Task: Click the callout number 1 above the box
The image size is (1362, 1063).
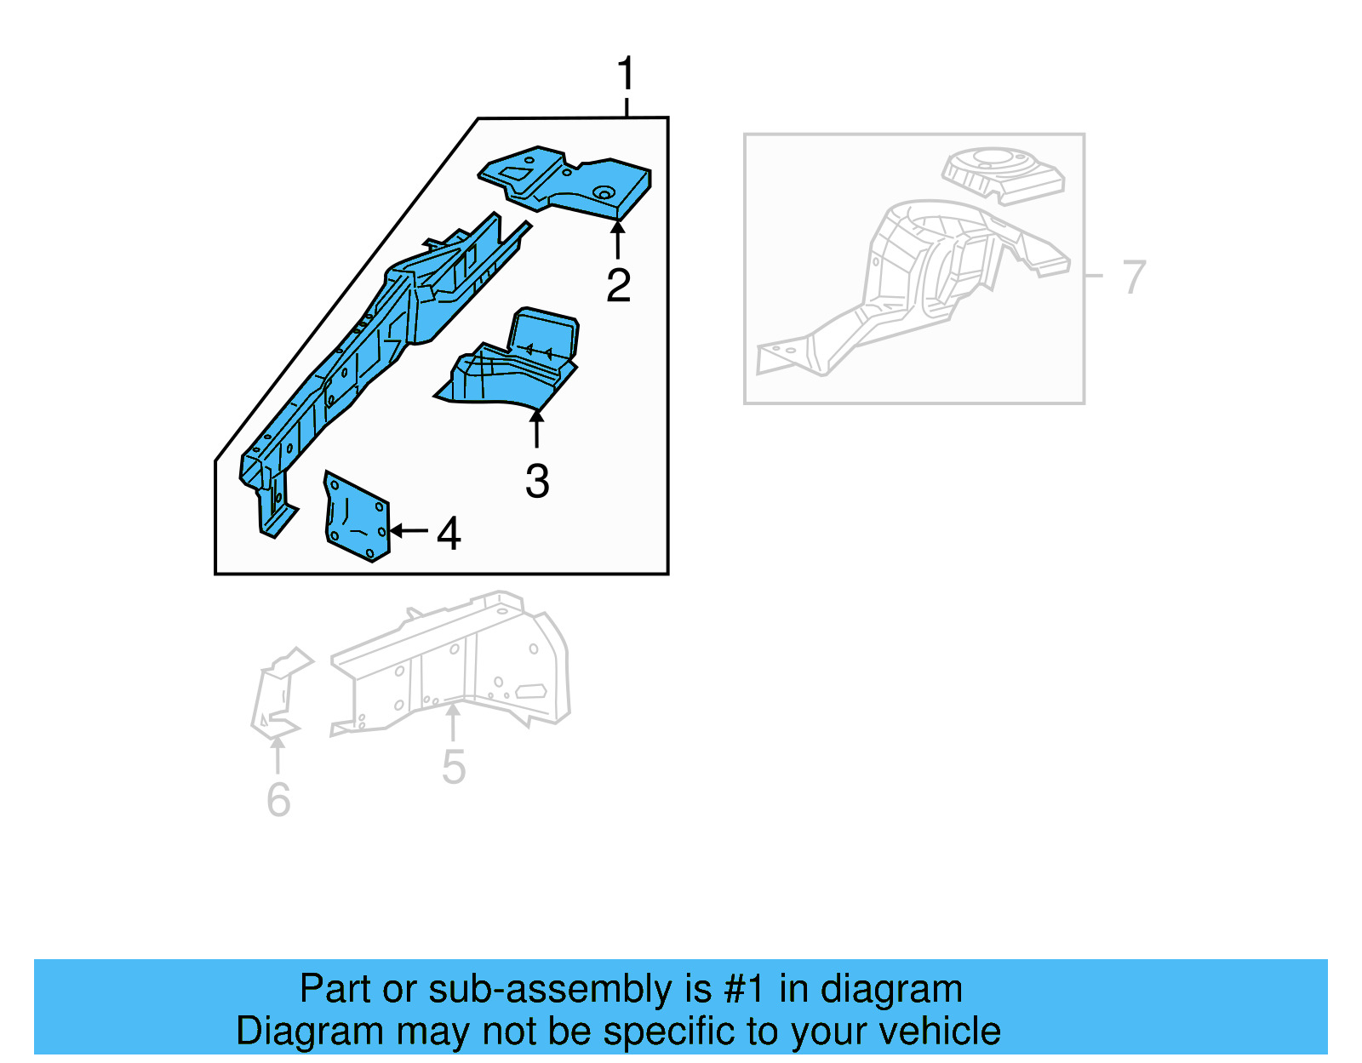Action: (x=626, y=74)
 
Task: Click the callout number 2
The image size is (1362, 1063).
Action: (x=618, y=285)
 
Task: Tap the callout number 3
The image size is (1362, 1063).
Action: (x=537, y=482)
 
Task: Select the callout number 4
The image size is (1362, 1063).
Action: (x=449, y=534)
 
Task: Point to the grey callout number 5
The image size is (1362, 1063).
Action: (x=454, y=767)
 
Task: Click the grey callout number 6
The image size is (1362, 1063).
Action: (x=278, y=800)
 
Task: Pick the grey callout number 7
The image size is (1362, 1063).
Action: (x=1134, y=277)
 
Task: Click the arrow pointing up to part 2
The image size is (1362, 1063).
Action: (x=618, y=239)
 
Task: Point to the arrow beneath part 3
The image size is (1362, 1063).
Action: (x=536, y=429)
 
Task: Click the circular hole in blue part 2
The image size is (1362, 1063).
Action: (x=604, y=192)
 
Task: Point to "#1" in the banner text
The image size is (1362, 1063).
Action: (x=745, y=990)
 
